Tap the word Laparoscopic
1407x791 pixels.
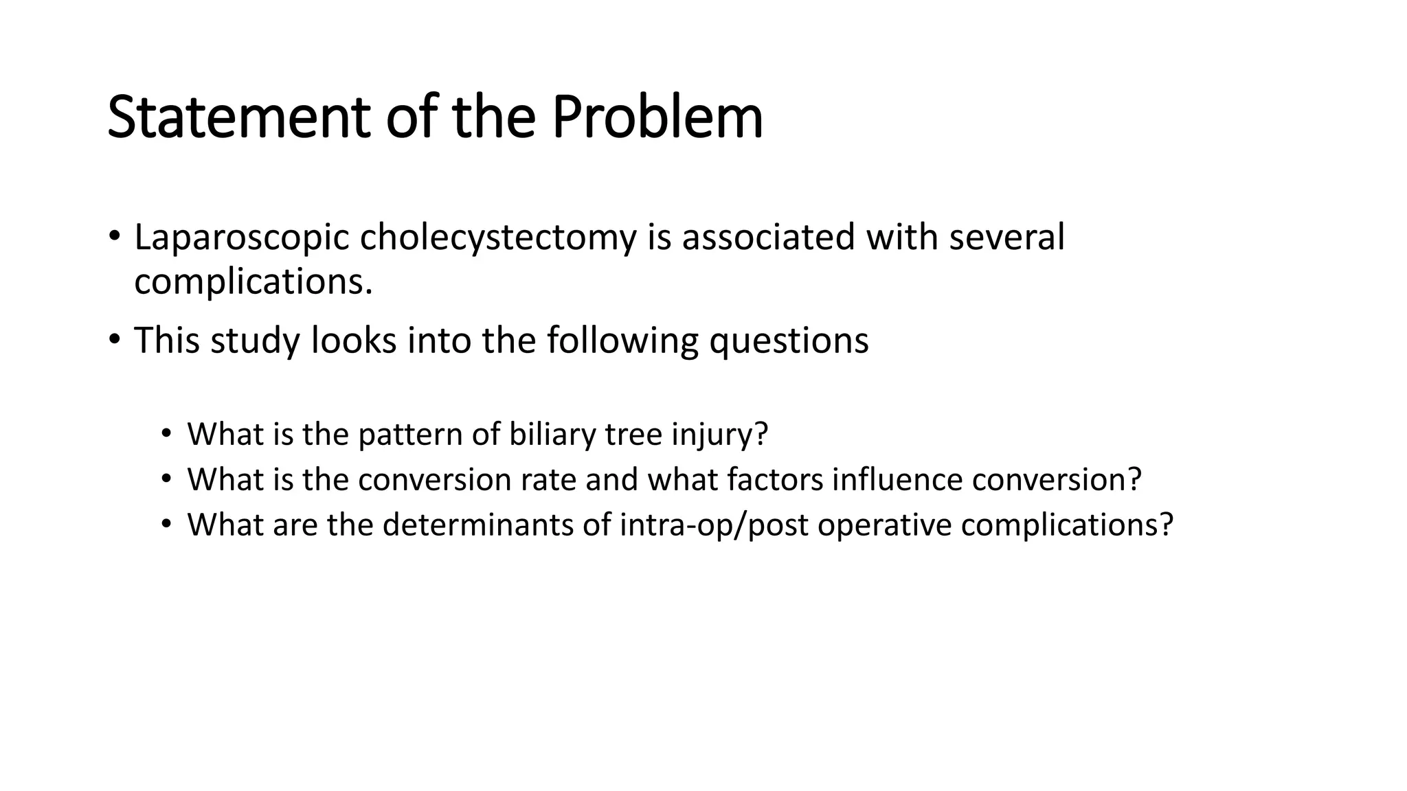(242, 238)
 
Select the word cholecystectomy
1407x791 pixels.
(497, 238)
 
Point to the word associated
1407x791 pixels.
(768, 238)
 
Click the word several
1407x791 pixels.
(1006, 238)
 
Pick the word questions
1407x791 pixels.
(789, 341)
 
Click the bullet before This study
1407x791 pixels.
(114, 339)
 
